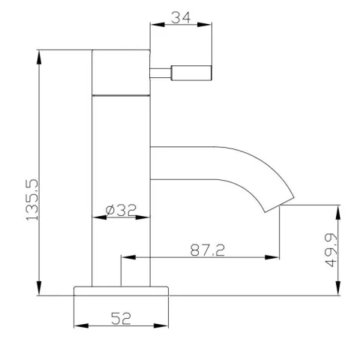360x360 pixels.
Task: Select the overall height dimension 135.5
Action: tap(31, 199)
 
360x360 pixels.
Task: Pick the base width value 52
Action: tap(121, 318)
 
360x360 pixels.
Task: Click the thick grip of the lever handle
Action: tap(193, 72)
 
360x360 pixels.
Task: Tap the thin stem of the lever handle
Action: tap(162, 72)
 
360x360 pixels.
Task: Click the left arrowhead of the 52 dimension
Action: tap(79, 326)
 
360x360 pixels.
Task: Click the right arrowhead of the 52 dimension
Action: tap(164, 326)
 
